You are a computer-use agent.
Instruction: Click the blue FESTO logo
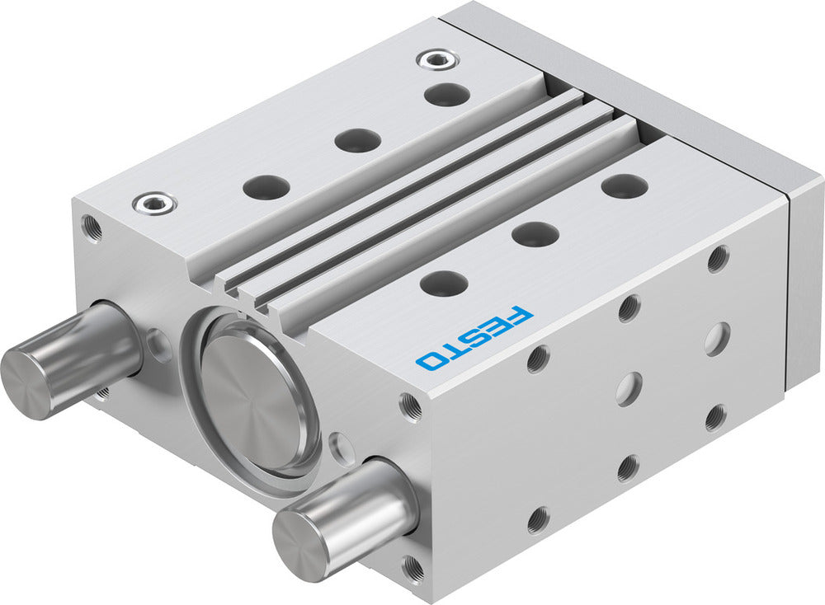(474, 337)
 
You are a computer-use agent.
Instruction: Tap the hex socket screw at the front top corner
(154, 201)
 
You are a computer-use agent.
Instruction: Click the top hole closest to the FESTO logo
(444, 283)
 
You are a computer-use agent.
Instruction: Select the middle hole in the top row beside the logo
(535, 233)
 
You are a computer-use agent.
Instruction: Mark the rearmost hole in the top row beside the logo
(624, 185)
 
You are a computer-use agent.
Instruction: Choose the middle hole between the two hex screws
(357, 140)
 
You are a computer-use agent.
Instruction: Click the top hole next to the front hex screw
(266, 187)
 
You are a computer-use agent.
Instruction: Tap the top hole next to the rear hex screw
(447, 93)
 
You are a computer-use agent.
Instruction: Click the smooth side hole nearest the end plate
(717, 339)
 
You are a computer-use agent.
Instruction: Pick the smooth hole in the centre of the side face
(629, 387)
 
